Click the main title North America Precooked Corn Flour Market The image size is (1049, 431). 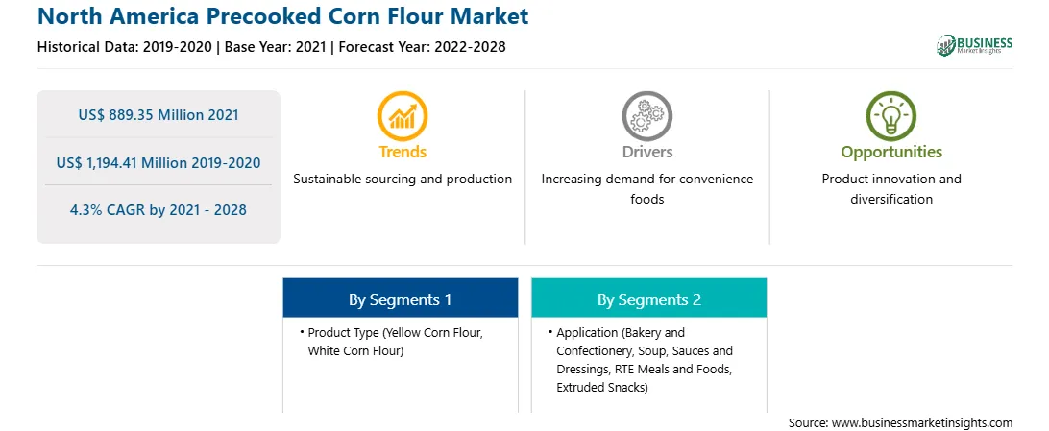coord(283,15)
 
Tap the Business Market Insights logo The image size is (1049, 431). coord(974,45)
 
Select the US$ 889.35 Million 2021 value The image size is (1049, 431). coord(159,115)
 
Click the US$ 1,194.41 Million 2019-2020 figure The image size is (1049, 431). coord(159,162)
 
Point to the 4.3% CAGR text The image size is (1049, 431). coord(159,210)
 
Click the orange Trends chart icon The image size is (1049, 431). coord(403,116)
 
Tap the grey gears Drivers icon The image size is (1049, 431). coord(646,116)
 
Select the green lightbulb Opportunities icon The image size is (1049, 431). coord(891,116)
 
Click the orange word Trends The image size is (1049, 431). coord(403,152)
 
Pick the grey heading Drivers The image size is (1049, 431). coord(646,152)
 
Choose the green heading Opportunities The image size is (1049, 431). coord(891,153)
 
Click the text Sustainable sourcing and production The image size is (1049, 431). coord(403,180)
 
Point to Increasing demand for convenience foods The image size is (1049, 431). coord(646,189)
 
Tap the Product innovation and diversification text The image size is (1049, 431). coord(891,189)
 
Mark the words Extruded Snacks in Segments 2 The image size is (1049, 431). coord(602,388)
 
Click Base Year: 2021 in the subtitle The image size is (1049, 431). coord(275,47)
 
